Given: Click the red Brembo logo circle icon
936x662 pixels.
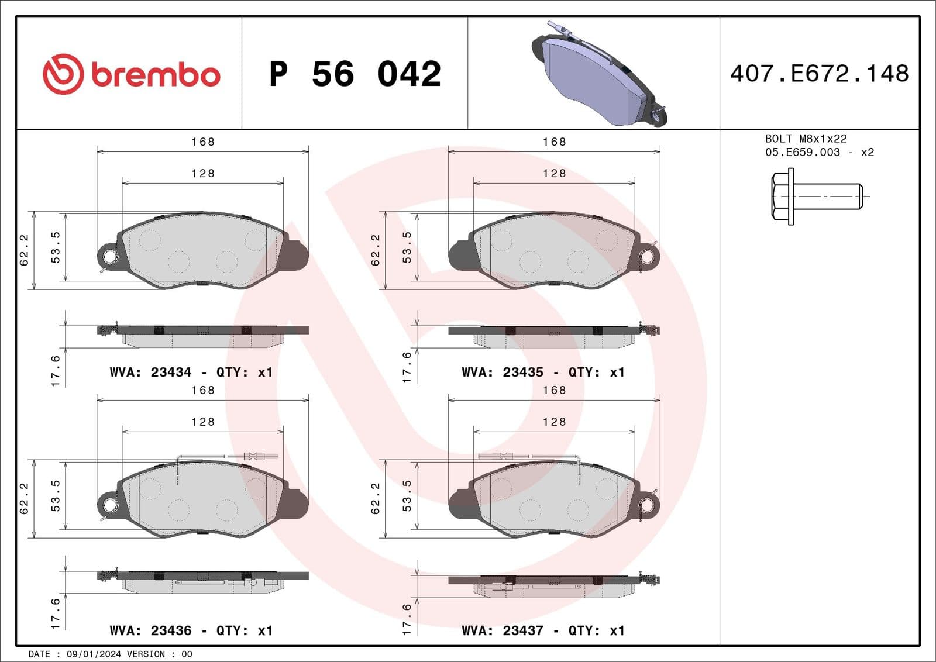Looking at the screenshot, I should [63, 74].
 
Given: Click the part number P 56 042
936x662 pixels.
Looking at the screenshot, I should [355, 74].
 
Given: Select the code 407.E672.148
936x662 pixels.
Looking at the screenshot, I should [819, 74].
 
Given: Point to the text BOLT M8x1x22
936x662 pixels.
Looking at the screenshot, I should [806, 139].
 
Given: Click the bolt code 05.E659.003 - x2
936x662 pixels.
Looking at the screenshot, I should [819, 152].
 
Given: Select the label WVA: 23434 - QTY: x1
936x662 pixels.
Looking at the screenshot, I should [191, 372].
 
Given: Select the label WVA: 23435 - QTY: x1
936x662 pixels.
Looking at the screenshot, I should [543, 372].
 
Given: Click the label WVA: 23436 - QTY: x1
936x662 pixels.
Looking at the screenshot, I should [191, 630].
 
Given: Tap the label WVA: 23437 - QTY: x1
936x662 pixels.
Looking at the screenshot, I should [543, 630].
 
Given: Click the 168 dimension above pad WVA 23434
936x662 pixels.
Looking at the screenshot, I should [203, 142].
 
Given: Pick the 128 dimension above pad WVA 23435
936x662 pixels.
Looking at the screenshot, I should [554, 173].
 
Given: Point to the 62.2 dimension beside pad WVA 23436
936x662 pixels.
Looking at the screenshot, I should [24, 498].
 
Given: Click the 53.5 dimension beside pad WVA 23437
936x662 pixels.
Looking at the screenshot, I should [407, 495].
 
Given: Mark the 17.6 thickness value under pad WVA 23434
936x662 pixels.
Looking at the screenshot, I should [56, 370].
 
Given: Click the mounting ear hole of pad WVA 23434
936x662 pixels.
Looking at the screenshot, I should [109, 256].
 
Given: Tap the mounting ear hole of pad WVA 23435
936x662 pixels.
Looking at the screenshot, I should [648, 256].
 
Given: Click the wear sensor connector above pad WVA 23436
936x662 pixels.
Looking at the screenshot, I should [253, 456].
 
